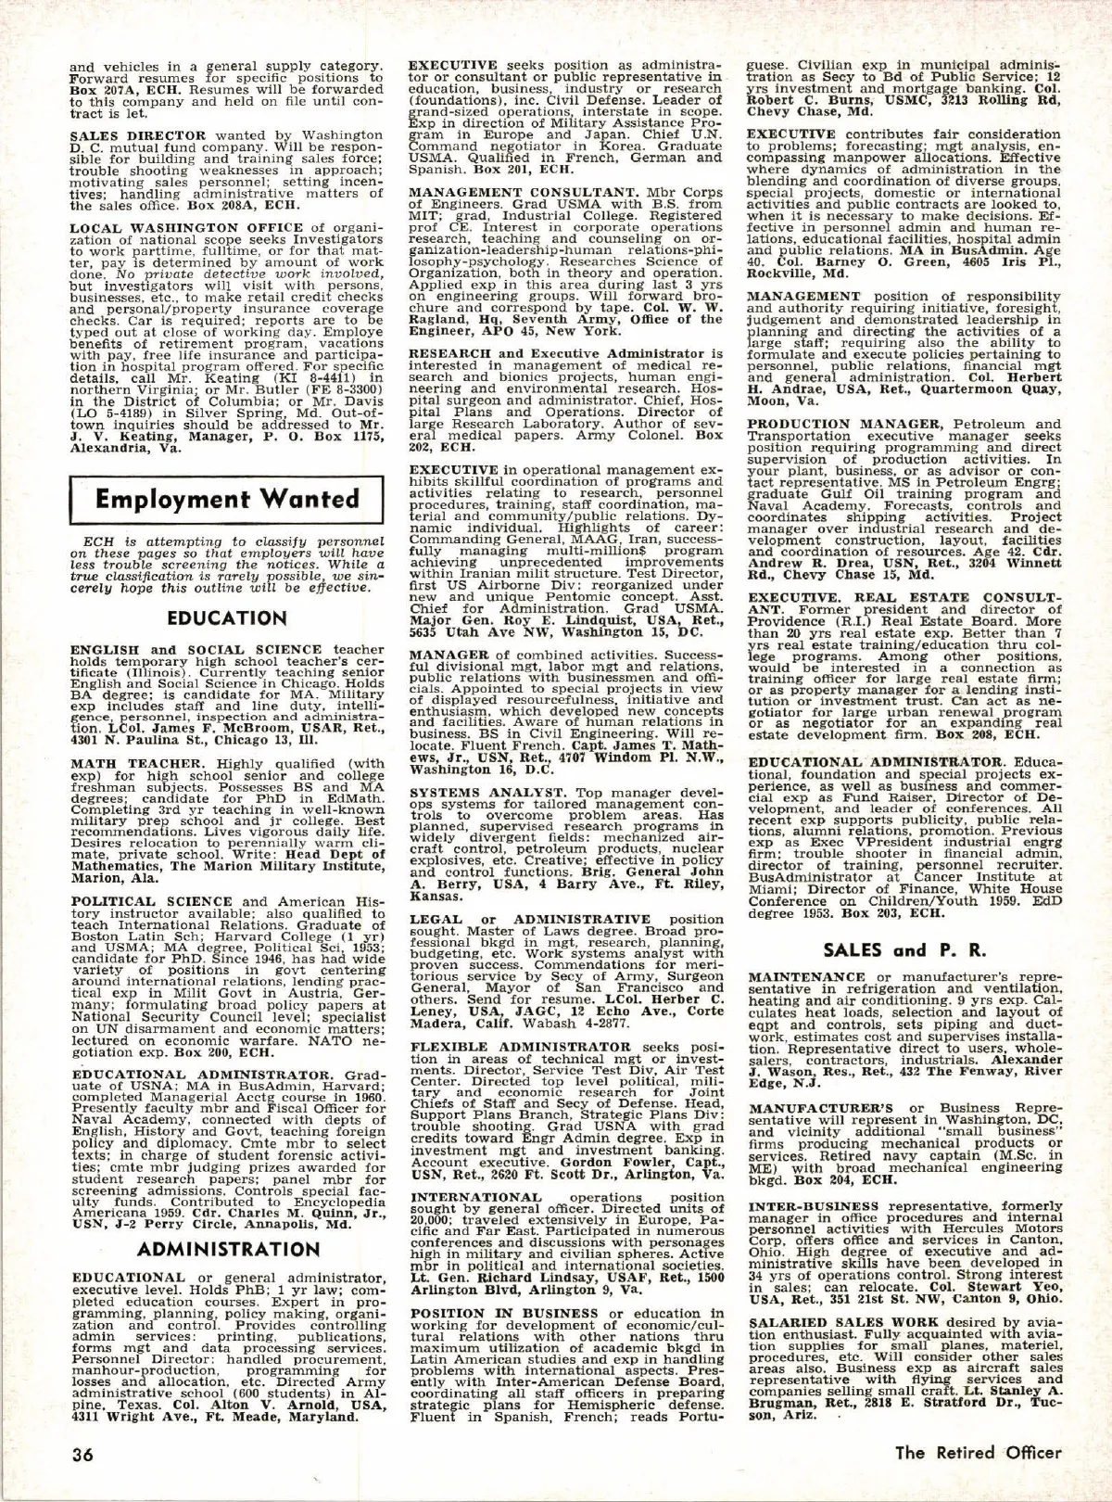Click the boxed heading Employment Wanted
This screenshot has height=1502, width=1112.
(x=227, y=499)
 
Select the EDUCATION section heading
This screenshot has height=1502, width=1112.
(x=227, y=618)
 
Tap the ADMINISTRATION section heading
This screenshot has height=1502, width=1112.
(x=227, y=1250)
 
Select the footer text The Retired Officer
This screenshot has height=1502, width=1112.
(x=977, y=1452)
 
